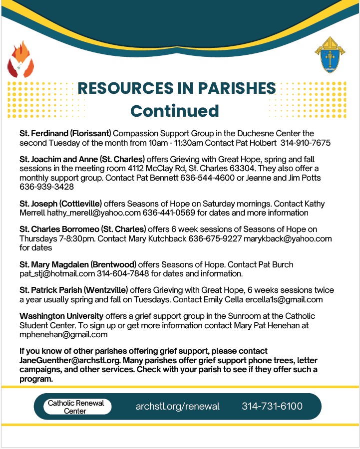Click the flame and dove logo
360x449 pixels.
click(x=20, y=59)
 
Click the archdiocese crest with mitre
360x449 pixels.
click(x=329, y=55)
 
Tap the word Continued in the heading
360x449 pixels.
click(x=174, y=111)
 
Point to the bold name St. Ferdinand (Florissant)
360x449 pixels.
click(x=65, y=134)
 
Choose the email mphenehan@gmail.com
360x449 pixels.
click(x=63, y=334)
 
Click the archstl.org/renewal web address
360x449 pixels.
click(x=177, y=406)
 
